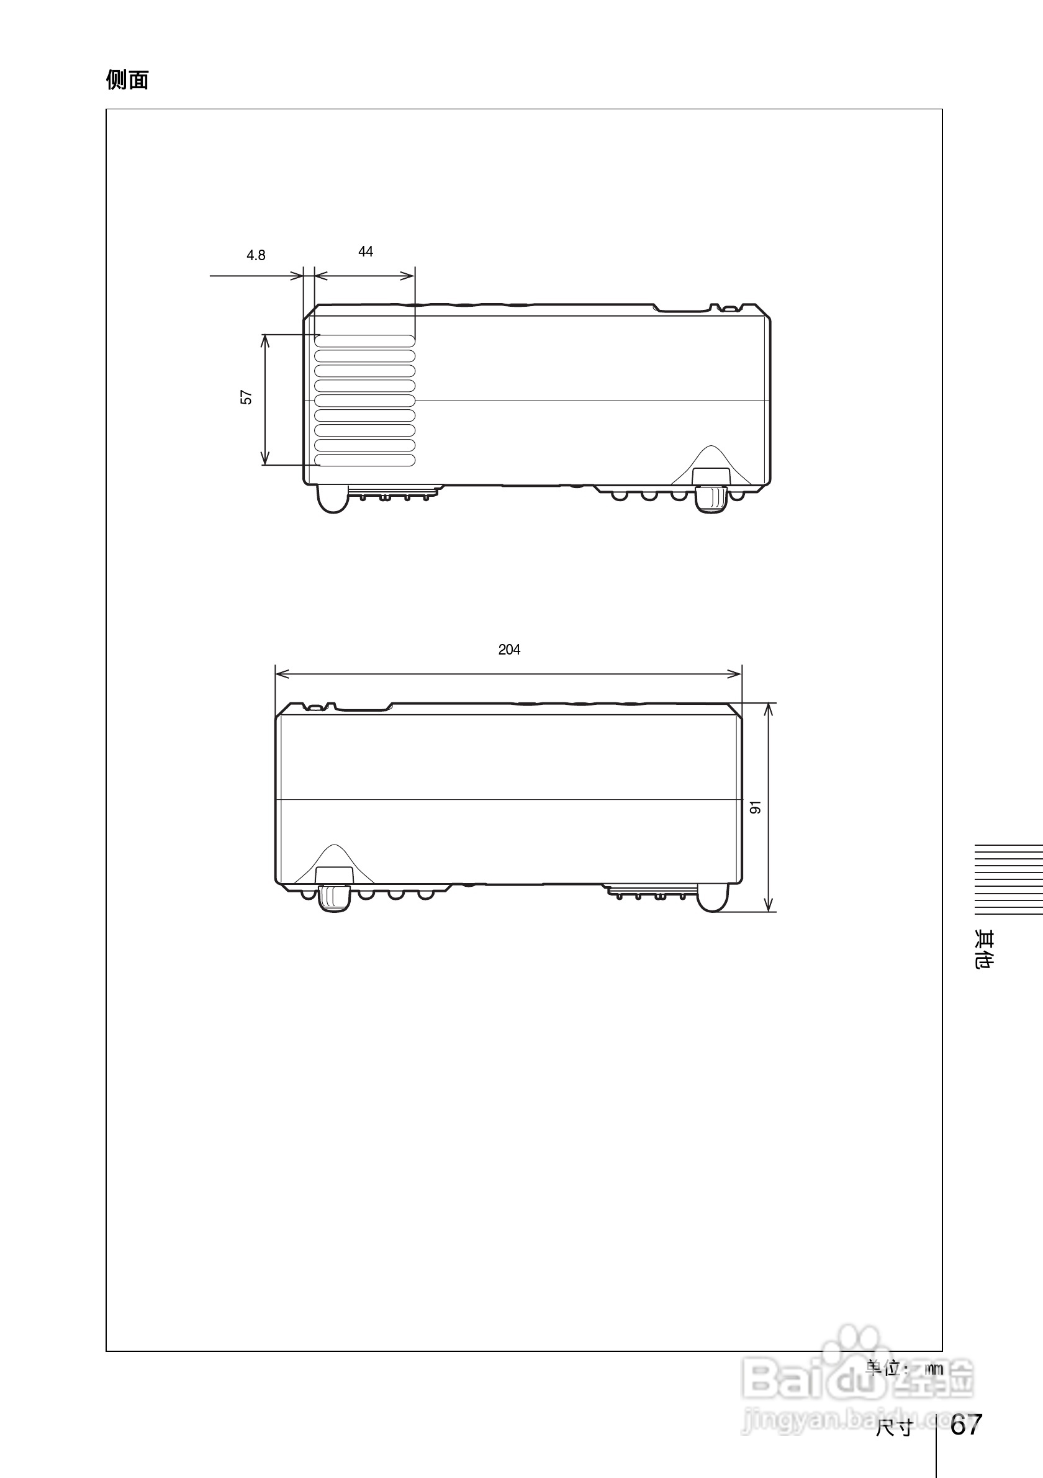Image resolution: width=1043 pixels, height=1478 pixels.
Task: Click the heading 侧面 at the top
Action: pos(127,80)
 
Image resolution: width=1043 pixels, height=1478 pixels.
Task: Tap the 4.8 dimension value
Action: pos(256,256)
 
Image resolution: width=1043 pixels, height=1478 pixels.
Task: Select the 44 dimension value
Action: pos(366,252)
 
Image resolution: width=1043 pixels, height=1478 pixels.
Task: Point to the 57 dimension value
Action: pos(246,397)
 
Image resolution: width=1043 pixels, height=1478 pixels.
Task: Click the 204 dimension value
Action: pos(509,650)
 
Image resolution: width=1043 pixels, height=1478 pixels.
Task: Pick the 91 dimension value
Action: pos(756,807)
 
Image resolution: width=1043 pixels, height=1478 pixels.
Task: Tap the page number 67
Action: pos(966,1424)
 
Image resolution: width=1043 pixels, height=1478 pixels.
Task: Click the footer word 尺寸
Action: pos(894,1428)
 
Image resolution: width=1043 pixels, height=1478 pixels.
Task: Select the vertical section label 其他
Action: pos(985,950)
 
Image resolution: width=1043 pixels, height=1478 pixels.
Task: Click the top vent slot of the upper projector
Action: pos(365,340)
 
